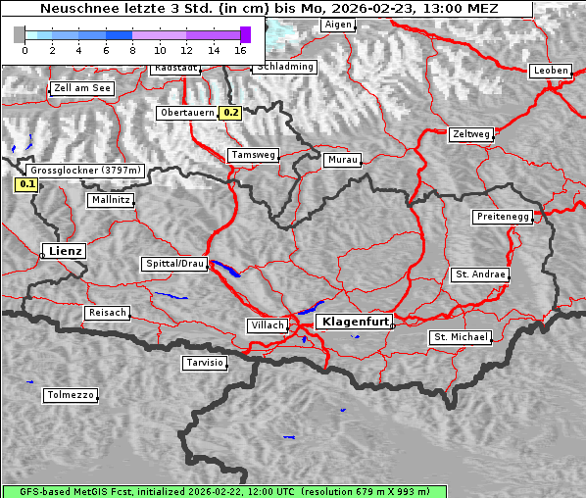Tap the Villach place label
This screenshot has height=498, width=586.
tap(268, 324)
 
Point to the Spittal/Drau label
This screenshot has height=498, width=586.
tap(174, 264)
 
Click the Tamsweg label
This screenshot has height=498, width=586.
tap(254, 155)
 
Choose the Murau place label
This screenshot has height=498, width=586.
tap(343, 159)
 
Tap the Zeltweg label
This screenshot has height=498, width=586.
tap(471, 134)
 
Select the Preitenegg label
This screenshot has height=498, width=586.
tap(503, 217)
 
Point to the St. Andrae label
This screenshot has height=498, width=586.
tap(480, 274)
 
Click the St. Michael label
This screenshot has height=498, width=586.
tap(461, 337)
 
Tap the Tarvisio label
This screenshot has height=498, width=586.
tap(205, 363)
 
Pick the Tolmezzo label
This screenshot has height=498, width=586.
tap(71, 395)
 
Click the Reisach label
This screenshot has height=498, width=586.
tap(107, 313)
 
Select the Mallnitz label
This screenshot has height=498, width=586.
tap(111, 200)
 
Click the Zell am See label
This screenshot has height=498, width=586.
tap(82, 88)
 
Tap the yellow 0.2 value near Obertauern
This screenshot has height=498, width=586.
tap(231, 113)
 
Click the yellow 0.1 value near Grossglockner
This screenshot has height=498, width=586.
tap(26, 183)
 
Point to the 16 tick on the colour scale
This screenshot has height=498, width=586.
tap(240, 49)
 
